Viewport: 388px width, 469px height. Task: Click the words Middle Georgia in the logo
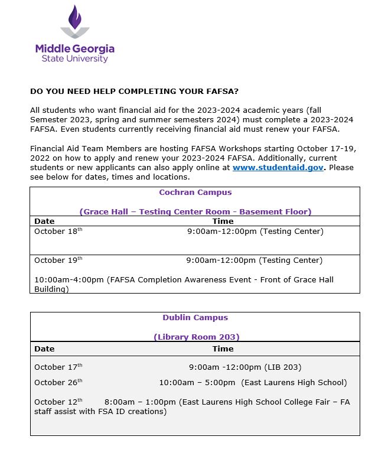click(75, 48)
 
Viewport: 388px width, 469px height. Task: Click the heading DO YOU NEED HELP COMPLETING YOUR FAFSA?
click(134, 92)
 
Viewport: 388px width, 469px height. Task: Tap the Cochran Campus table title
click(195, 193)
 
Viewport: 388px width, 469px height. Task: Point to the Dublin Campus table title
click(195, 318)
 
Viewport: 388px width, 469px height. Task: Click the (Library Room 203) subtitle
click(196, 337)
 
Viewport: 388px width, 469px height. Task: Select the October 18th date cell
click(58, 232)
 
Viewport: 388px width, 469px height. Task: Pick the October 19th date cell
click(58, 260)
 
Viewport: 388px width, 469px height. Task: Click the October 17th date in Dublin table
click(58, 367)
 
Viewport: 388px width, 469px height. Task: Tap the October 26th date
click(58, 383)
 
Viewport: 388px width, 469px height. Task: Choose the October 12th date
click(58, 402)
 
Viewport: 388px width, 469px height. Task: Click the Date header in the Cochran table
click(44, 222)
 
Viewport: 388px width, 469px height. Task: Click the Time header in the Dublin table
click(223, 349)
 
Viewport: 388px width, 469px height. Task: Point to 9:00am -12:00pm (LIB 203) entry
click(245, 367)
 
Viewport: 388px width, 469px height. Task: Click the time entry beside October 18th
click(255, 232)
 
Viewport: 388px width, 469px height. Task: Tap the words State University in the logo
click(75, 59)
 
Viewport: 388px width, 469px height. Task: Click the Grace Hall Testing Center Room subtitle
click(195, 211)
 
